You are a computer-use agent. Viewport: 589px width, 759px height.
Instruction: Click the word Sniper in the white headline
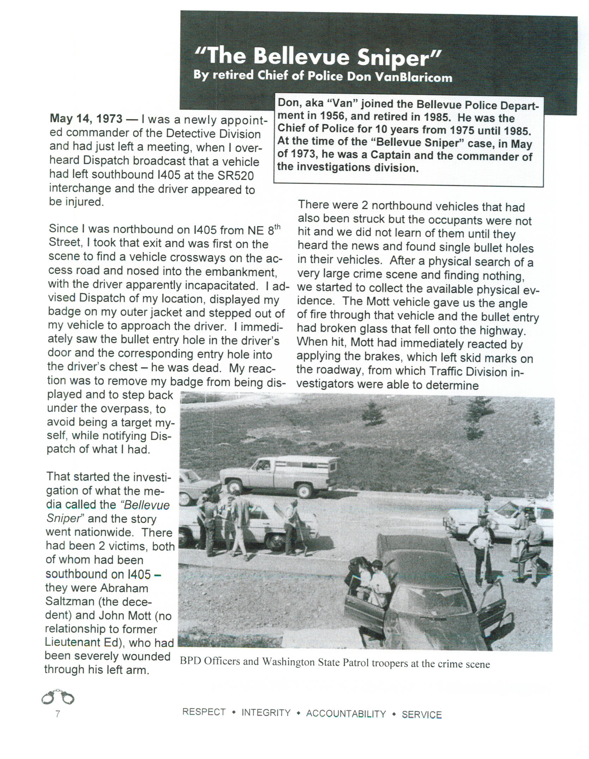coord(399,57)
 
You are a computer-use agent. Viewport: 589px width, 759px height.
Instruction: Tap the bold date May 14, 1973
coord(86,119)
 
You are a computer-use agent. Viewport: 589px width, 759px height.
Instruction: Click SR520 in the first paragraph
coord(236,175)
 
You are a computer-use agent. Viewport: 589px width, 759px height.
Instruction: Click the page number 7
coord(58,714)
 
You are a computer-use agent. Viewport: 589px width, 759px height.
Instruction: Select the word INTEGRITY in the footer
coord(266,713)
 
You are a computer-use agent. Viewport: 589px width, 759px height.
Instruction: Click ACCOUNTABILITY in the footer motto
coord(346,714)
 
